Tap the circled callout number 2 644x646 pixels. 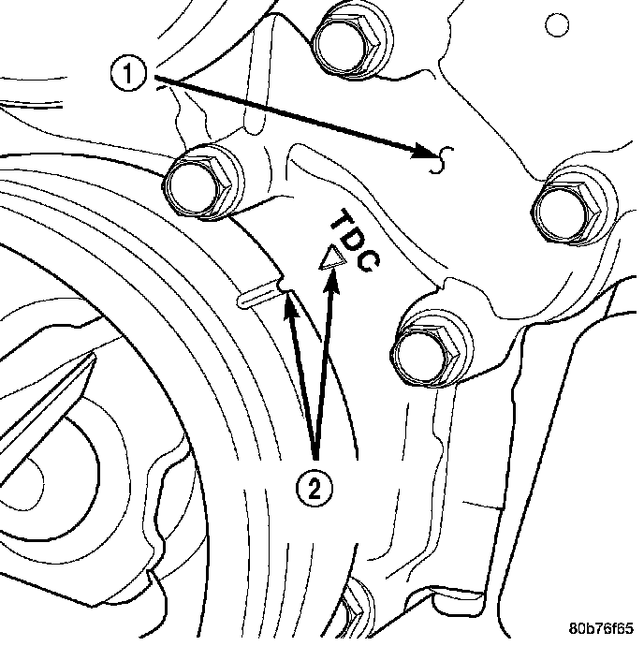coord(315,485)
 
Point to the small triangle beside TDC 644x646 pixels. coord(328,260)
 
